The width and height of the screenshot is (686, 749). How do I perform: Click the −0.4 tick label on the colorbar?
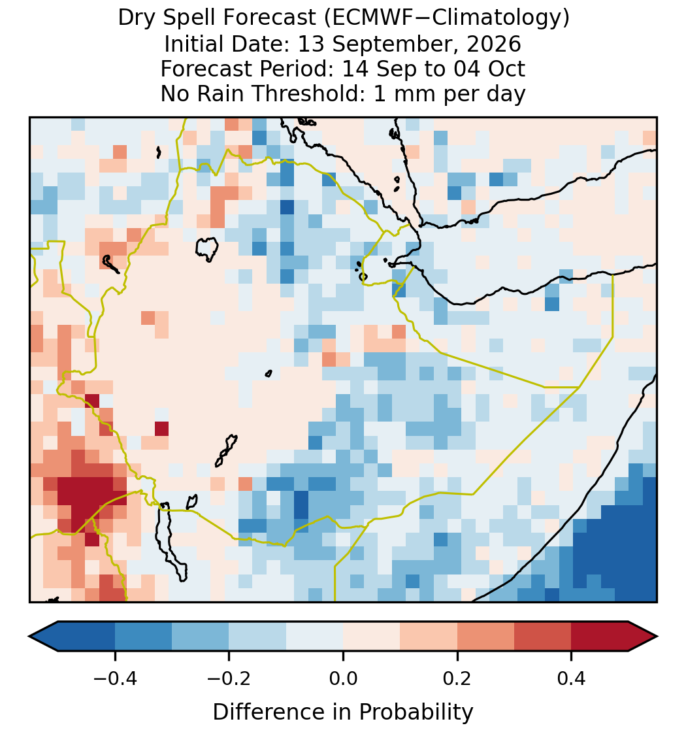coord(115,678)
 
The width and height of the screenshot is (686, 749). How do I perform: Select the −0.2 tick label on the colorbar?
coord(229,678)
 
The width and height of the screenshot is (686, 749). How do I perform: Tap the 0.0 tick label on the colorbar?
coord(343,678)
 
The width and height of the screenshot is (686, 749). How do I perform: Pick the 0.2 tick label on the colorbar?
coord(457,678)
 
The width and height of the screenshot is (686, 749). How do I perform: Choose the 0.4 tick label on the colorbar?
coord(572,678)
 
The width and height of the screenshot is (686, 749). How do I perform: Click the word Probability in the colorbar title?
coord(416,712)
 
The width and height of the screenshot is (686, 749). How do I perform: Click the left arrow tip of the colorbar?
coord(29,637)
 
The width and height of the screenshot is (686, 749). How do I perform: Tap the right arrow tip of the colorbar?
coord(657,637)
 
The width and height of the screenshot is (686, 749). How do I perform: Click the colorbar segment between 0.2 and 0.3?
coord(486,637)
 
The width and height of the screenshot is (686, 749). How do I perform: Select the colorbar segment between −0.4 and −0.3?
coord(144,637)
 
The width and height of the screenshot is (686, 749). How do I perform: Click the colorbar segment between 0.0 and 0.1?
coord(372,637)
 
